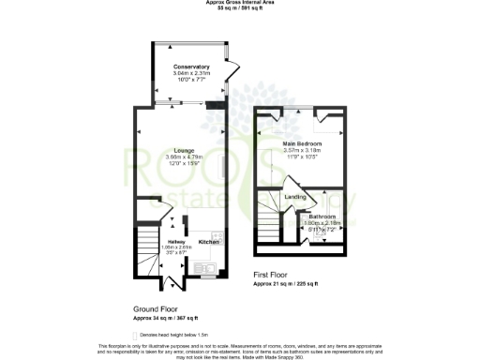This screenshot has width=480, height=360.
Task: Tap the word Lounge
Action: (x=184, y=152)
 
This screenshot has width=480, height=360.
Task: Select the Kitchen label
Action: (x=208, y=243)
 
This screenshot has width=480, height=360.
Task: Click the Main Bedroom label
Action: (x=302, y=143)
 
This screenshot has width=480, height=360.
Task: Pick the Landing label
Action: (x=295, y=197)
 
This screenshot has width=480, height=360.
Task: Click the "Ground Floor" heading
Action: (x=156, y=308)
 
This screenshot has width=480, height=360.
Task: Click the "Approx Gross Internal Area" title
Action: (x=239, y=3)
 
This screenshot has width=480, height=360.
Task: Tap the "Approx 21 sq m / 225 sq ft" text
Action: (x=287, y=282)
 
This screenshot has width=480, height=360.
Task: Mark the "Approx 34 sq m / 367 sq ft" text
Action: (x=166, y=317)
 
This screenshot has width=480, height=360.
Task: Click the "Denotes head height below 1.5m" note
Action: (x=179, y=334)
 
